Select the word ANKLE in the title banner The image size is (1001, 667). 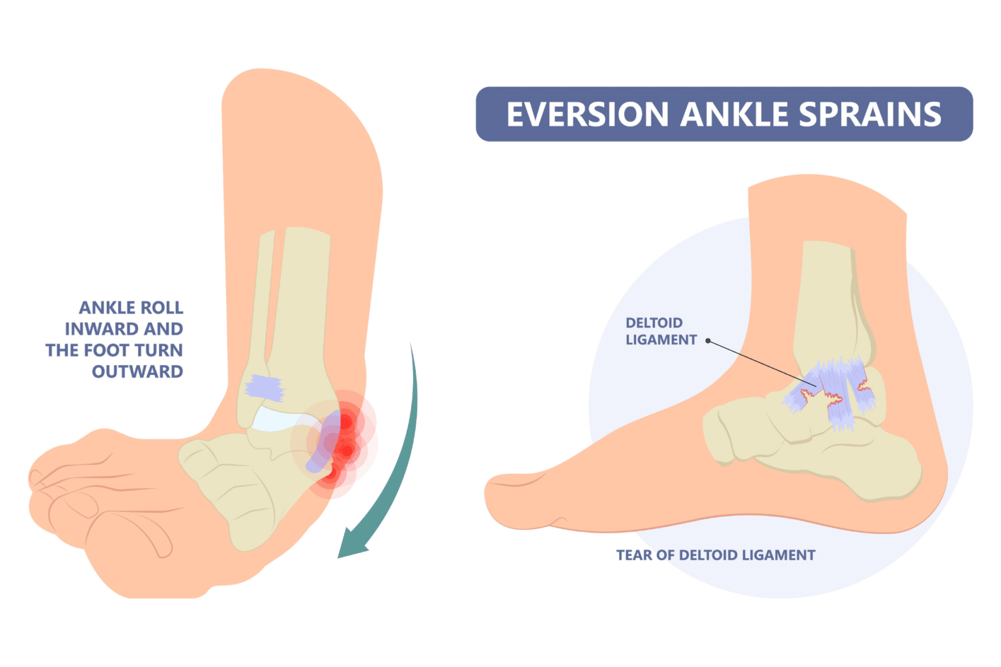click(733, 115)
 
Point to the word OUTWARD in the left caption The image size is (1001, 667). click(138, 372)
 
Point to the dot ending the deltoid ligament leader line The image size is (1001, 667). click(708, 340)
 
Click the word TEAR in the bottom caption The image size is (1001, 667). click(634, 555)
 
